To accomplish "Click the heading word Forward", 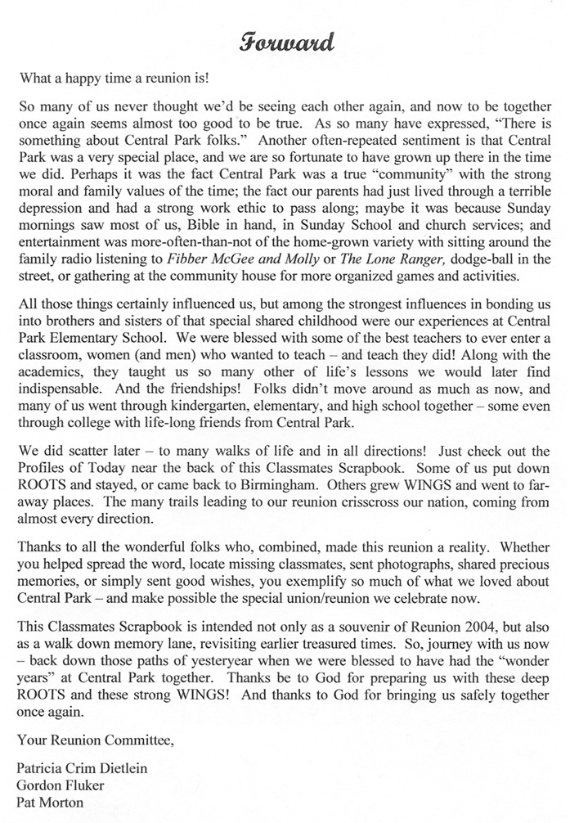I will (x=285, y=42).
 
